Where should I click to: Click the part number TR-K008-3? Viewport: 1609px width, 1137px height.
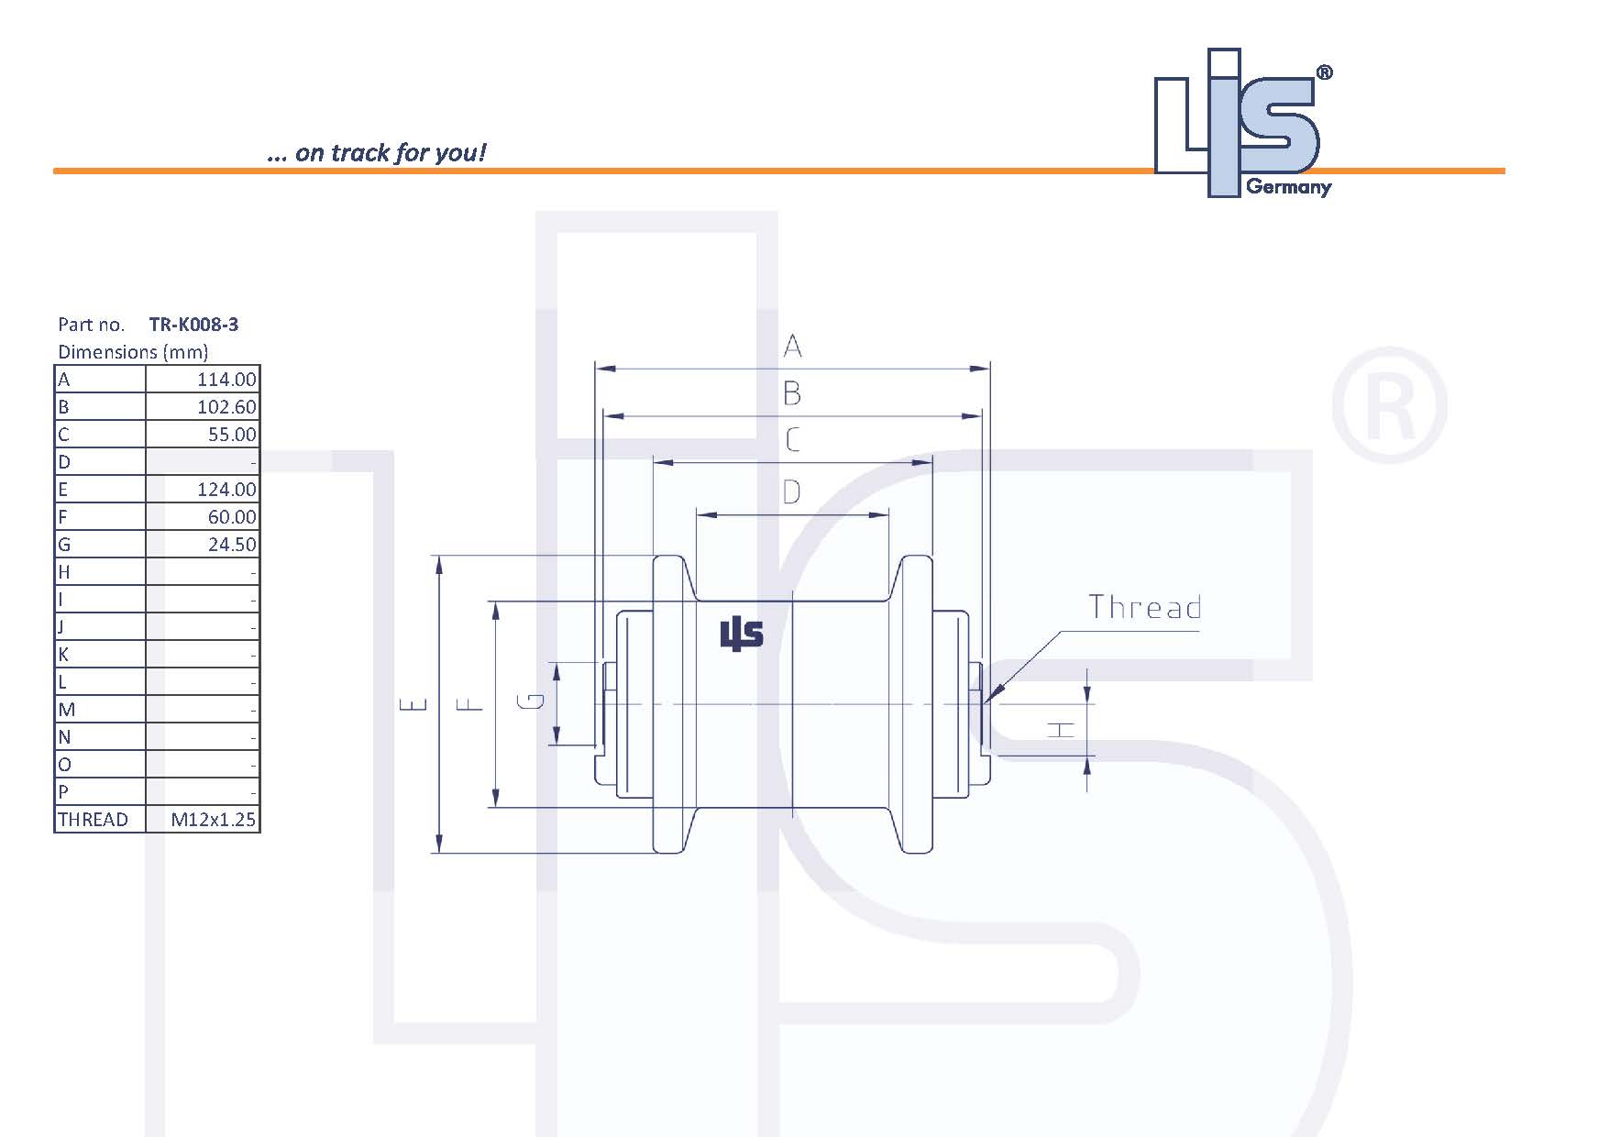click(x=193, y=325)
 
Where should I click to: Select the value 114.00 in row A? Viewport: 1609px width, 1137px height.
click(x=226, y=380)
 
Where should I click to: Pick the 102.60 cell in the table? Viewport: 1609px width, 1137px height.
click(x=226, y=407)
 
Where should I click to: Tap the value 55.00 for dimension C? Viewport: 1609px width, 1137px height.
click(x=232, y=435)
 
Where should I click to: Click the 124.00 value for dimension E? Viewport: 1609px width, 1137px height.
click(x=226, y=490)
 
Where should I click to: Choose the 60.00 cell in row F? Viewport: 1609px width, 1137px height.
click(x=232, y=517)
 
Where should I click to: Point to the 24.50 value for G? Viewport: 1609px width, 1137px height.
click(x=232, y=545)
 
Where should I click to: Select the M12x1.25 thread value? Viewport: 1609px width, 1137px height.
click(x=213, y=820)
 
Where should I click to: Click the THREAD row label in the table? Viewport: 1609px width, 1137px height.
click(x=93, y=820)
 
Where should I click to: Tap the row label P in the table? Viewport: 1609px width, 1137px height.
click(x=63, y=792)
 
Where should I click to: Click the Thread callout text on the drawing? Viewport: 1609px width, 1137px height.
click(x=1144, y=608)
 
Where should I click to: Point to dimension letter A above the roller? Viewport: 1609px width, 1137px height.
click(x=792, y=347)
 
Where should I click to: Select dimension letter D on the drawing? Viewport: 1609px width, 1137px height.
click(x=791, y=493)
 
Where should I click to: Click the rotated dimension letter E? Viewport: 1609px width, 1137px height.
click(x=414, y=704)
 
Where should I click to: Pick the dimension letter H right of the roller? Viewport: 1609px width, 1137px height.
click(x=1062, y=730)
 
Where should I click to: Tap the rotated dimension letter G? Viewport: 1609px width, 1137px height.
click(x=532, y=702)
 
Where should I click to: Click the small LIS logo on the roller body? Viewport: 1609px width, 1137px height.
click(x=741, y=634)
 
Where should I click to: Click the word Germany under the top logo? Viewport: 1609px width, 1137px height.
click(x=1288, y=187)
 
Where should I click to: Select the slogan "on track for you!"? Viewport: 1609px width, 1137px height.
click(x=377, y=152)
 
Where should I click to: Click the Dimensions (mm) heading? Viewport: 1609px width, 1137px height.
click(x=133, y=352)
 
